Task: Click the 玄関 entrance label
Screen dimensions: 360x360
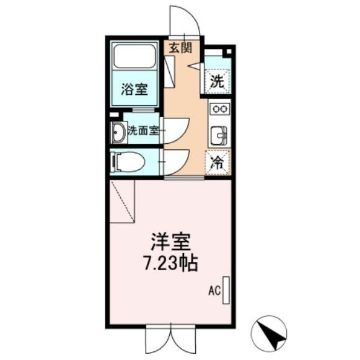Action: (180, 48)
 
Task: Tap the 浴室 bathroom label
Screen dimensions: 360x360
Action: (134, 89)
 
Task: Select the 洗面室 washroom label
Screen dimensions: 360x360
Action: (144, 131)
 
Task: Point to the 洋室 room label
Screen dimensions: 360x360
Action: (171, 242)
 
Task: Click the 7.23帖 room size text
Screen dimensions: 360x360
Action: (170, 263)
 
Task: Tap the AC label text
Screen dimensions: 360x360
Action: (214, 291)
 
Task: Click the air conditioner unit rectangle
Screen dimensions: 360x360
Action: (226, 291)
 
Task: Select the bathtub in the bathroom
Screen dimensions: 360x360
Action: (134, 56)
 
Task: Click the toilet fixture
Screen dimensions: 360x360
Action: (128, 162)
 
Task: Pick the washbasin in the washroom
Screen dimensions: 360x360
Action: (119, 133)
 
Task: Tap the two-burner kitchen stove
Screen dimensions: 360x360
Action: (219, 108)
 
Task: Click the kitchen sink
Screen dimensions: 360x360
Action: (219, 136)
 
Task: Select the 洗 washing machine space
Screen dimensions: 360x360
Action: (217, 81)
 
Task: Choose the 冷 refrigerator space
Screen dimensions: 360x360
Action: (217, 162)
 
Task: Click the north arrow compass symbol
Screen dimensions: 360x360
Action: (269, 333)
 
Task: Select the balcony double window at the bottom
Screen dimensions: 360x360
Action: (171, 339)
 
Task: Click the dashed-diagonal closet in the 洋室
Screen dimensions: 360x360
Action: (122, 201)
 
